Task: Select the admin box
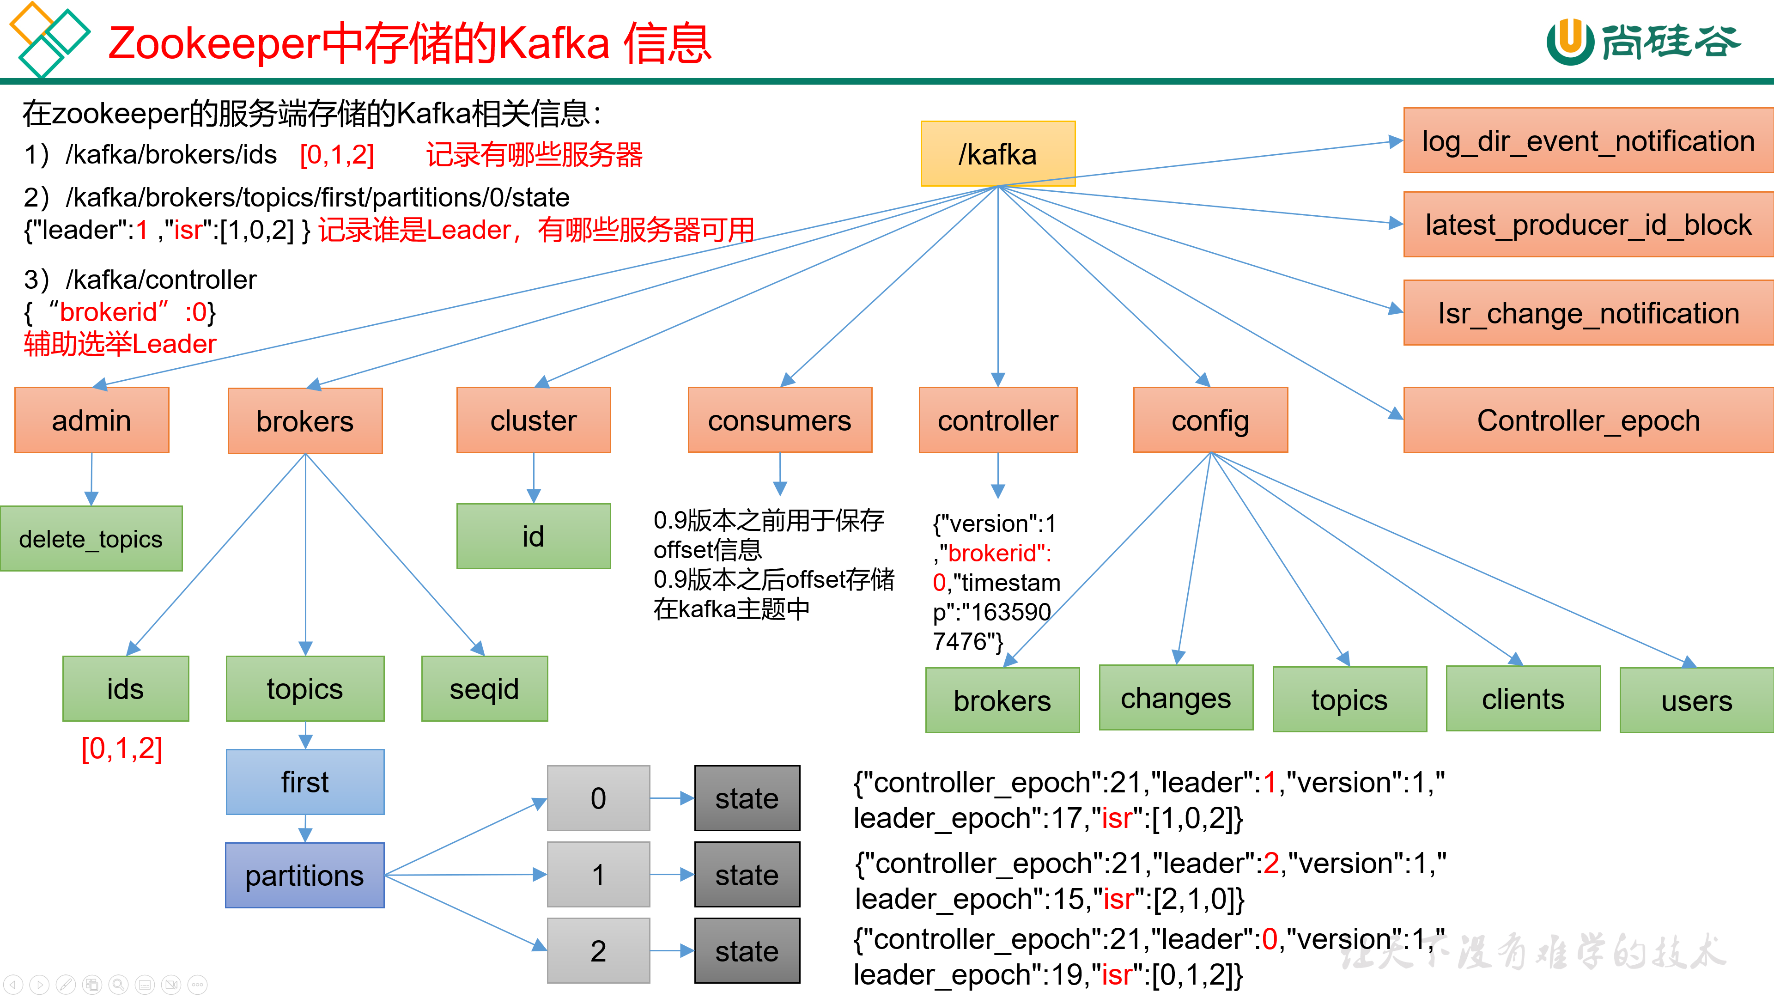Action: click(x=91, y=420)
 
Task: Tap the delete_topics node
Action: click(x=91, y=539)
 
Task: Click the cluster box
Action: click(x=533, y=420)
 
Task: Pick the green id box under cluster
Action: click(x=533, y=536)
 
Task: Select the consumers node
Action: click(x=779, y=420)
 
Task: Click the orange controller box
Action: click(x=998, y=420)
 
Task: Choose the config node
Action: click(x=1210, y=420)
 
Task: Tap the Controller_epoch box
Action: click(x=1588, y=420)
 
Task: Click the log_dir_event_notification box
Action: click(x=1588, y=140)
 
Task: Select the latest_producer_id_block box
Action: click(x=1588, y=225)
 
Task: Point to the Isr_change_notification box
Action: click(x=1588, y=313)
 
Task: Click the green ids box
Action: click(x=125, y=689)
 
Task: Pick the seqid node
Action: click(x=484, y=689)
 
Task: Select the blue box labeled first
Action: click(x=305, y=782)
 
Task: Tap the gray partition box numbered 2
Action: click(x=598, y=950)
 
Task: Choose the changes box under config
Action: click(x=1176, y=698)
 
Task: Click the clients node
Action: click(x=1523, y=699)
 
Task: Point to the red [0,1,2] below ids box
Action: click(x=122, y=748)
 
